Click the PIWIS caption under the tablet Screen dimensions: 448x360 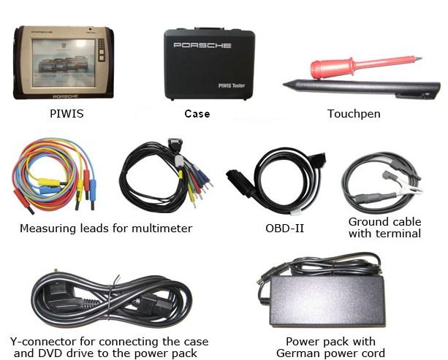[67, 114]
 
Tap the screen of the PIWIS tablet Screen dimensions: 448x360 [64, 63]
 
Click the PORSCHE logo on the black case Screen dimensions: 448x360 [202, 45]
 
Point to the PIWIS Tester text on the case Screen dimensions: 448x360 [232, 85]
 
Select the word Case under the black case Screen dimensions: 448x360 [197, 114]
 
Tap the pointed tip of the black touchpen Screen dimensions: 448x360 [284, 84]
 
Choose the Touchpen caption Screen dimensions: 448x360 [354, 114]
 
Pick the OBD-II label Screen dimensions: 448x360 [284, 229]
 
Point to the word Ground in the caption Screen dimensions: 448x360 [368, 222]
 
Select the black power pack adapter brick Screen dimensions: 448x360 [327, 302]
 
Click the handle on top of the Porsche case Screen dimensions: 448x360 [209, 29]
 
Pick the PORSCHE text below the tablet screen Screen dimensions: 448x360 [66, 96]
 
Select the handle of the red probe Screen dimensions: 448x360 [333, 68]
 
